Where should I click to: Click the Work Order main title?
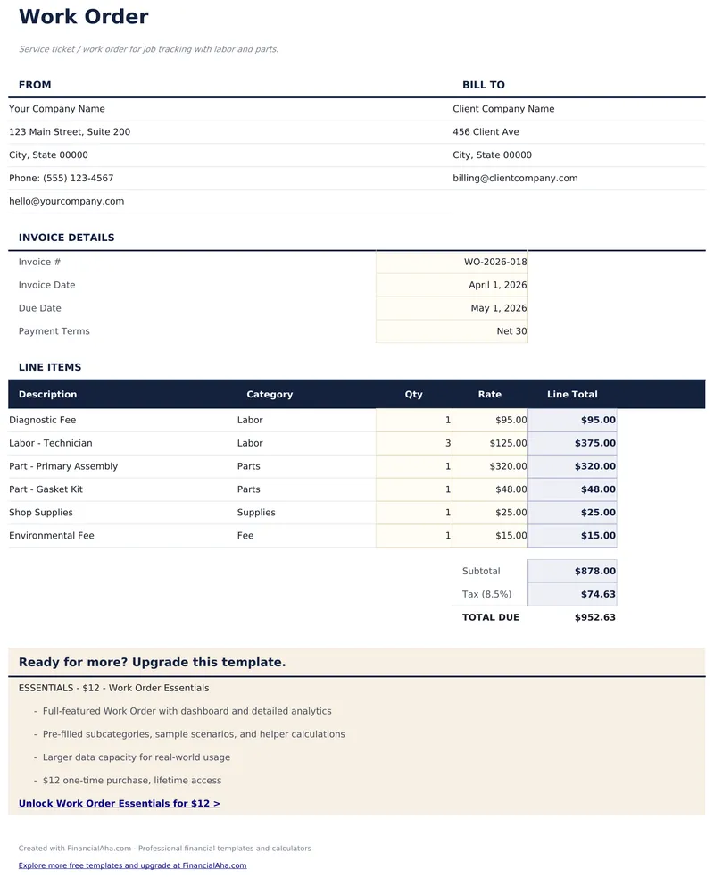(83, 17)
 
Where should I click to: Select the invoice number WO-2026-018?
(495, 263)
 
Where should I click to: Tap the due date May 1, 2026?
(499, 308)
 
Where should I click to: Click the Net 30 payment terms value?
(511, 331)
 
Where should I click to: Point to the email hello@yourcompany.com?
(67, 202)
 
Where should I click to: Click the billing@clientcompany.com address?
(515, 179)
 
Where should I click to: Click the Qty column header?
(413, 395)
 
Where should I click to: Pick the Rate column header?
(489, 395)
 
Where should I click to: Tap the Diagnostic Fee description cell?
(43, 420)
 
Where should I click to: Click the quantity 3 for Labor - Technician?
(447, 443)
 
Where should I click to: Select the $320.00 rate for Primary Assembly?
(508, 466)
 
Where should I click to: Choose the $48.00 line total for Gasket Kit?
(598, 489)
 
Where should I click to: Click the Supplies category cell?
(256, 513)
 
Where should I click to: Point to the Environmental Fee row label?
(52, 536)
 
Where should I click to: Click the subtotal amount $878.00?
(594, 572)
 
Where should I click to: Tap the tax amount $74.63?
(598, 595)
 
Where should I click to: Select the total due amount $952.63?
(594, 617)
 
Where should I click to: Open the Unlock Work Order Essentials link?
(120, 804)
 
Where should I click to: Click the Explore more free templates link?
(132, 865)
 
